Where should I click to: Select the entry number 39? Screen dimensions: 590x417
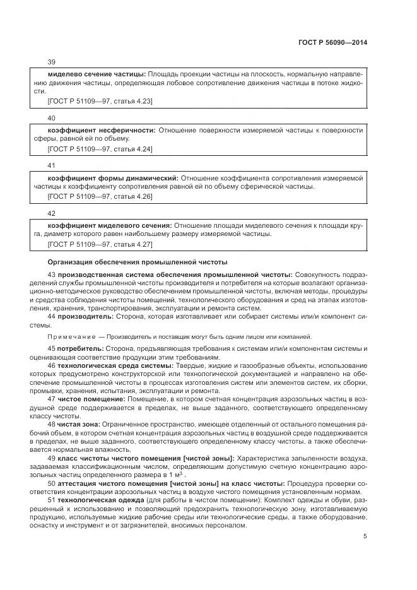[52, 62]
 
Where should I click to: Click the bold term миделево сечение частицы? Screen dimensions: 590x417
[97, 74]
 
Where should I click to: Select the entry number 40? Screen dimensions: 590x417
[52, 118]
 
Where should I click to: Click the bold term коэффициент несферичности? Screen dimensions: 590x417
[101, 130]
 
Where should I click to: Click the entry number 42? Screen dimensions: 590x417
[52, 214]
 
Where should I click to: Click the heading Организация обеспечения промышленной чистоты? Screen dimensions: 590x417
[138, 262]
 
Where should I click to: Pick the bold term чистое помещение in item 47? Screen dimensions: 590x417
[91, 399]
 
